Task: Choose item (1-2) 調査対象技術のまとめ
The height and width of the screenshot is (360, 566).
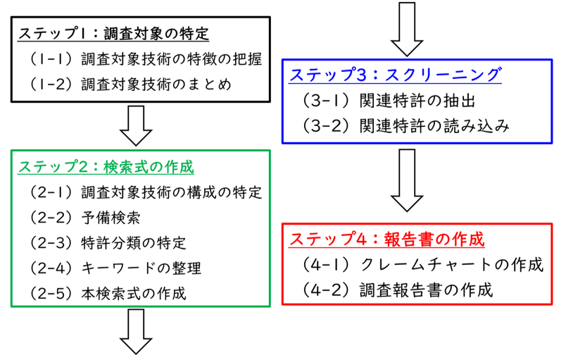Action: tap(130, 85)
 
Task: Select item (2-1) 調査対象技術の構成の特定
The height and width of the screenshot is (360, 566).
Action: tap(146, 192)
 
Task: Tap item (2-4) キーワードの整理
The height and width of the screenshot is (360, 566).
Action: tap(115, 268)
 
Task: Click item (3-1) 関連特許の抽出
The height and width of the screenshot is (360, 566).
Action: tap(391, 101)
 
